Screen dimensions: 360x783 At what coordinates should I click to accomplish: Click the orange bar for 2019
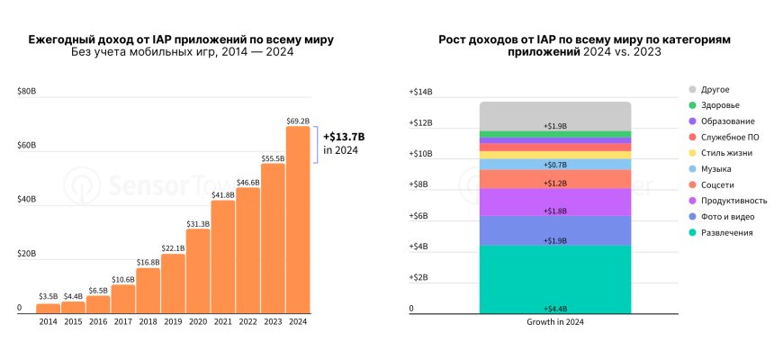pyautogui.click(x=173, y=283)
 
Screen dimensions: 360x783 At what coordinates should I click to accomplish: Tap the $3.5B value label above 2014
pyautogui.click(x=49, y=296)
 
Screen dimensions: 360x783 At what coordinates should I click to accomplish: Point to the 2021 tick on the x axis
pyautogui.click(x=222, y=321)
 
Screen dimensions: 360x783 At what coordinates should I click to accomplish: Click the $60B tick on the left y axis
pyautogui.click(x=26, y=145)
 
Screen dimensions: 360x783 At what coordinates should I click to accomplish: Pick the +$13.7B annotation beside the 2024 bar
pyautogui.click(x=344, y=136)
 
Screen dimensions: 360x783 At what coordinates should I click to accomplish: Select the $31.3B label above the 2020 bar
pyautogui.click(x=198, y=223)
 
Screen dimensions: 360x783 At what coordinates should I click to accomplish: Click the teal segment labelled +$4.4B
pyautogui.click(x=554, y=279)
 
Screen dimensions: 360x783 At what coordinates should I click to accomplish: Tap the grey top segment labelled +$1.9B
pyautogui.click(x=554, y=115)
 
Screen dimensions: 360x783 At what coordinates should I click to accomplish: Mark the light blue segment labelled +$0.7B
pyautogui.click(x=554, y=165)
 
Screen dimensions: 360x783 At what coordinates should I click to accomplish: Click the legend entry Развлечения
pyautogui.click(x=725, y=232)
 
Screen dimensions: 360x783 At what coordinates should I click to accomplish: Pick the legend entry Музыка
pyautogui.click(x=715, y=168)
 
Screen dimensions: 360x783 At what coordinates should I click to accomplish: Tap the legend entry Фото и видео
pyautogui.click(x=726, y=217)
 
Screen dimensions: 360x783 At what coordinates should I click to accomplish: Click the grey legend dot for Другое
pyautogui.click(x=692, y=89)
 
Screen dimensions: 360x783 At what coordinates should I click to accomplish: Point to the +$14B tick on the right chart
pyautogui.click(x=421, y=92)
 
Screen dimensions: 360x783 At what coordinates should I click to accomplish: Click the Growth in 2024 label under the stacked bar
pyautogui.click(x=554, y=321)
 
